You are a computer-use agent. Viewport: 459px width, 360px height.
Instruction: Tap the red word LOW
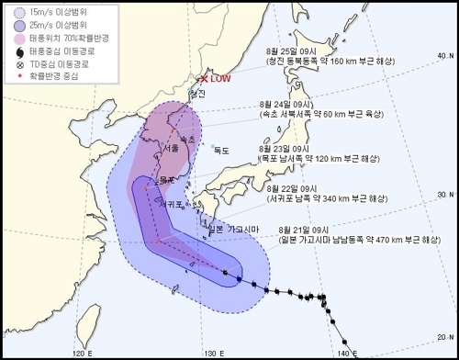click(220, 80)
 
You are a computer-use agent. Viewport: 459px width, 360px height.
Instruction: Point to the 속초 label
click(186, 139)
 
